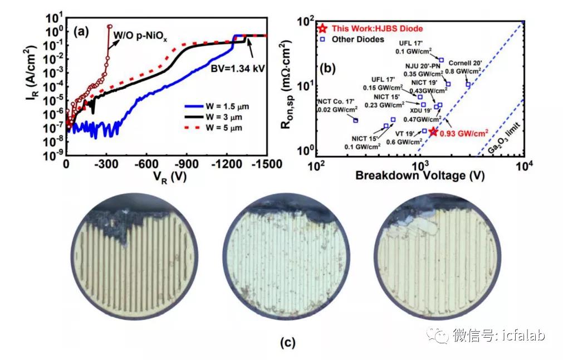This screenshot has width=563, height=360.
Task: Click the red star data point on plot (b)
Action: click(x=434, y=131)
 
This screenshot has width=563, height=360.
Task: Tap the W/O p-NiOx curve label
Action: click(x=140, y=37)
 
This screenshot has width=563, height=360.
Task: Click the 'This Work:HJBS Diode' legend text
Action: click(x=377, y=28)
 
